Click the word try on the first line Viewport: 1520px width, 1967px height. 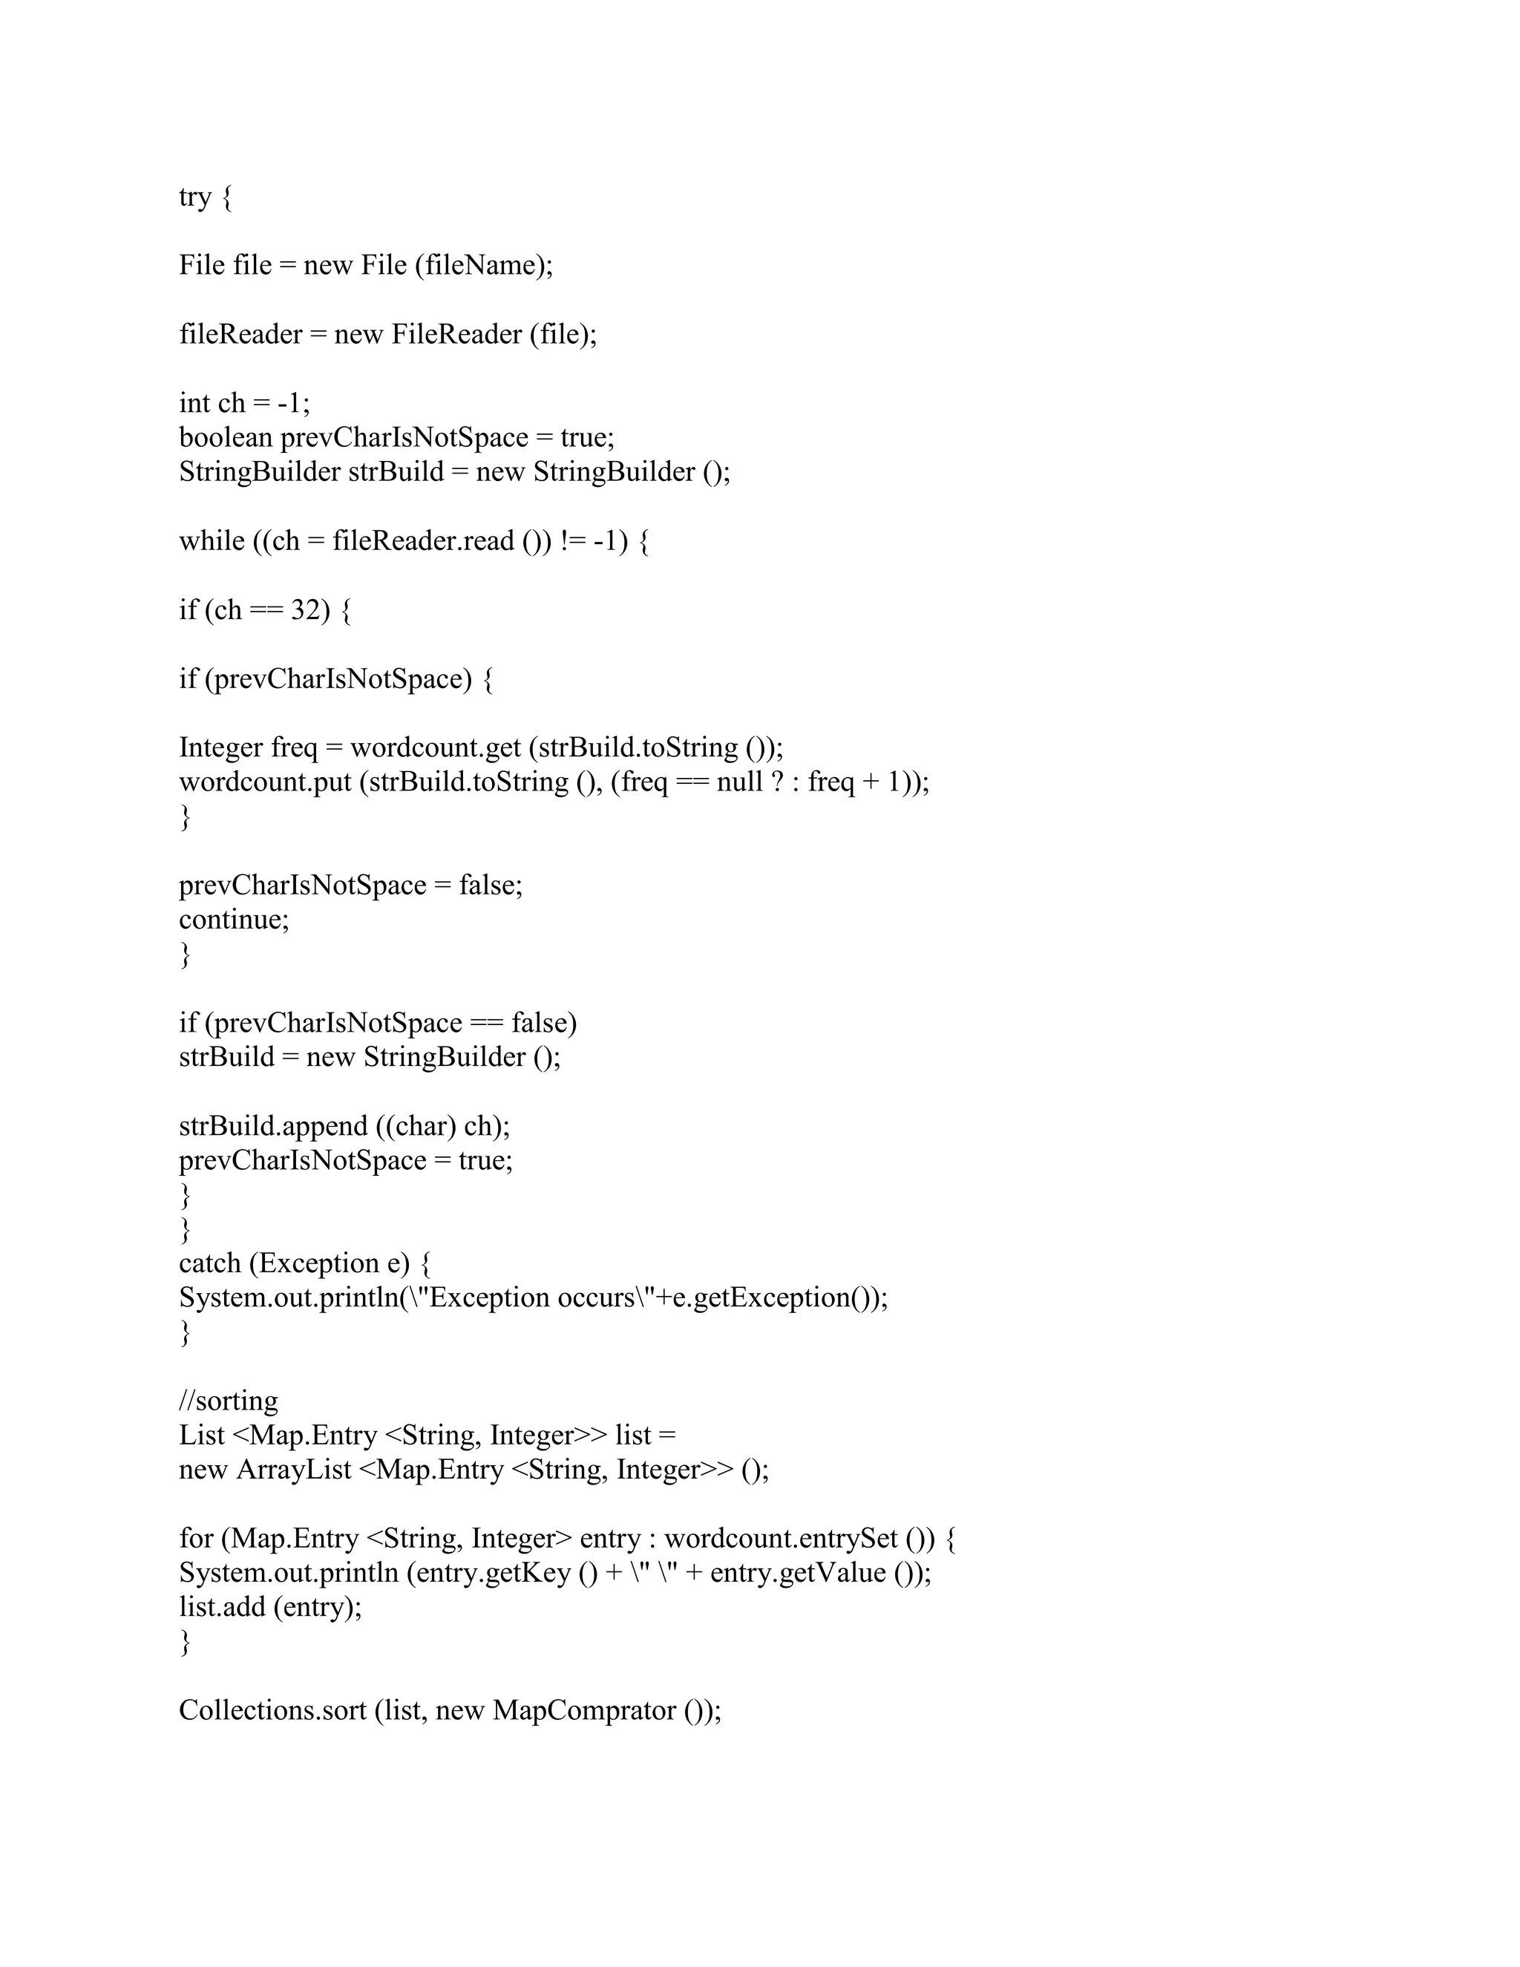tap(194, 197)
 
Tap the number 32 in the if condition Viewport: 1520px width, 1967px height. tap(304, 611)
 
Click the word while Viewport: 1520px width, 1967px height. tap(212, 541)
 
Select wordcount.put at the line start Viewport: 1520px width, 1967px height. tap(265, 782)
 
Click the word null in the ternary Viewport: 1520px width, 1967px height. tap(738, 782)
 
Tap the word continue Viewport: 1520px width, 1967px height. tap(232, 920)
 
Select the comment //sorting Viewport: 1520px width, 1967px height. tap(229, 1401)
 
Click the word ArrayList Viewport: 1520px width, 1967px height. tap(294, 1470)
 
